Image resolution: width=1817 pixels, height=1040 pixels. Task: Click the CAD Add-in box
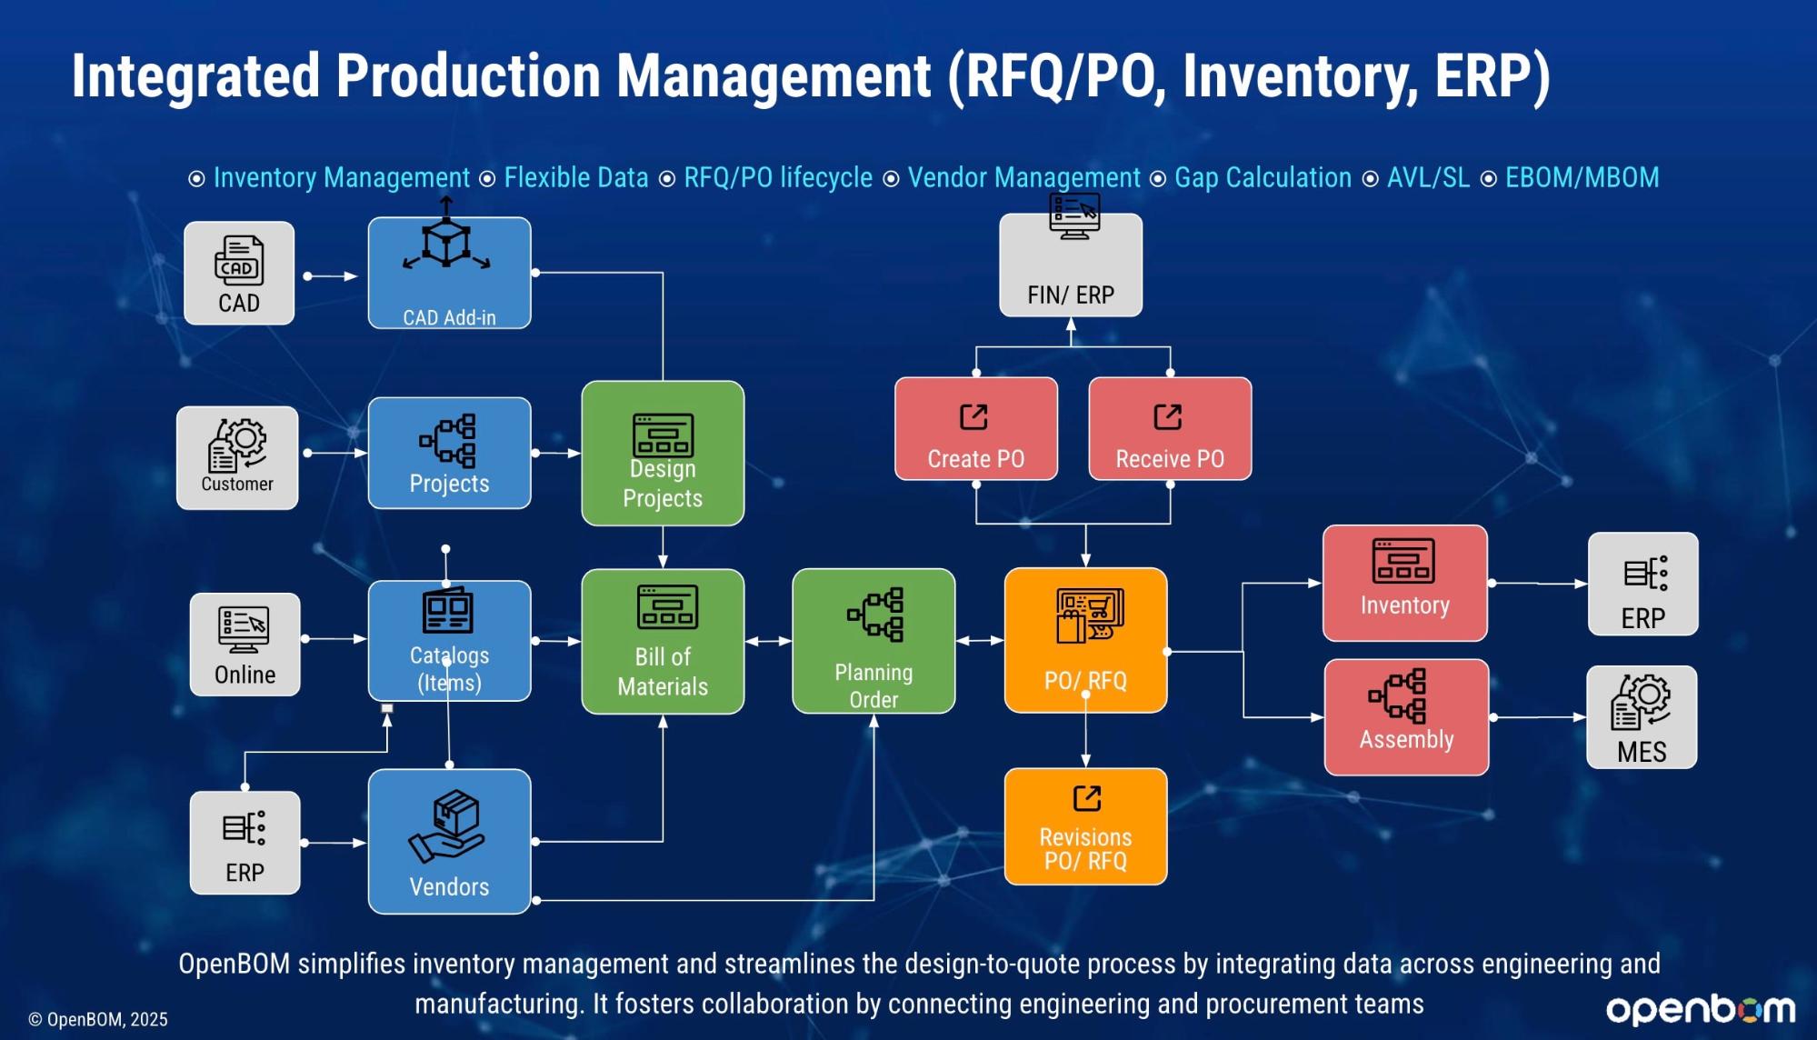pyautogui.click(x=449, y=273)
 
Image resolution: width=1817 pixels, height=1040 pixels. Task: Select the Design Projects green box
pyautogui.click(x=663, y=453)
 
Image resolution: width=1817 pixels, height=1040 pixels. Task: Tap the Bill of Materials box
pyautogui.click(x=663, y=641)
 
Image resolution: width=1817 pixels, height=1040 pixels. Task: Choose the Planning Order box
pyautogui.click(x=874, y=641)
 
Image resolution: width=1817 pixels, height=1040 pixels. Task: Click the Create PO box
pyautogui.click(x=976, y=428)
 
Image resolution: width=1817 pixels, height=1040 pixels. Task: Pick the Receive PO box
pyautogui.click(x=1170, y=428)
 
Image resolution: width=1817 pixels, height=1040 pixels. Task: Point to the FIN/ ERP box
pyautogui.click(x=1071, y=265)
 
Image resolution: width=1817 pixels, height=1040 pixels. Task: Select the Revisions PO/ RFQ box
pyautogui.click(x=1085, y=826)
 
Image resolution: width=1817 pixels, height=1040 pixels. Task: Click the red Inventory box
pyautogui.click(x=1405, y=583)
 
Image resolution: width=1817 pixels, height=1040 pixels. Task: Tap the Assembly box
pyautogui.click(x=1406, y=717)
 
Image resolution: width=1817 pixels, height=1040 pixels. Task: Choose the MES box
pyautogui.click(x=1642, y=717)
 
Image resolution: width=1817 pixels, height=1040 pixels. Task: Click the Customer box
pyautogui.click(x=237, y=458)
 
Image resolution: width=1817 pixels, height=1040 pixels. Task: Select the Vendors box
pyautogui.click(x=449, y=841)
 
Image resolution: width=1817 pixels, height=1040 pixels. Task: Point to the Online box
pyautogui.click(x=245, y=645)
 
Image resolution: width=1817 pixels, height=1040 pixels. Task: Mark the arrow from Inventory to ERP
pyautogui.click(x=1538, y=583)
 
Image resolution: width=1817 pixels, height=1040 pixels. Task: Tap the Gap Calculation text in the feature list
pyautogui.click(x=1263, y=177)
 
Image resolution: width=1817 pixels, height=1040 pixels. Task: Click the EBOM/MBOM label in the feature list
pyautogui.click(x=1582, y=177)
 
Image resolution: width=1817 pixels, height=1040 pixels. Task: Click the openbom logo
pyautogui.click(x=1701, y=1009)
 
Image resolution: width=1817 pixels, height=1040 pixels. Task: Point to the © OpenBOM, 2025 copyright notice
pyautogui.click(x=98, y=1019)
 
